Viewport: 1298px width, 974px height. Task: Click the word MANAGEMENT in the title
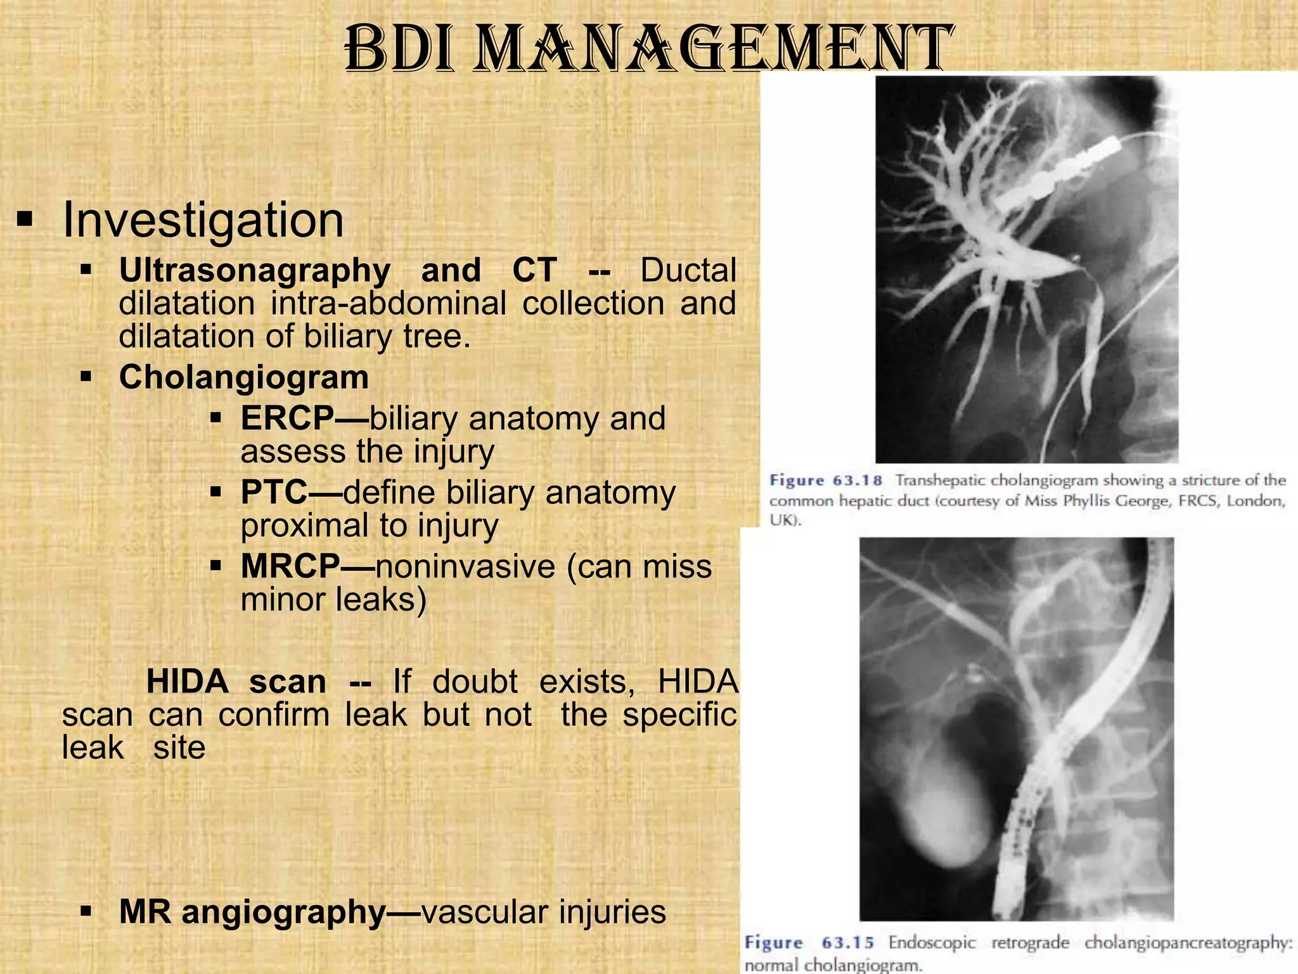tap(713, 49)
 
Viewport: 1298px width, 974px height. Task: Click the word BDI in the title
tap(399, 49)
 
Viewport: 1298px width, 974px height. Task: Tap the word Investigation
tap(203, 220)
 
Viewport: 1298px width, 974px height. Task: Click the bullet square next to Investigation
tap(25, 220)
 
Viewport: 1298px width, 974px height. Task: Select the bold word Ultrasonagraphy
tap(254, 271)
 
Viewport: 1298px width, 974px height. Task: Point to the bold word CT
tap(534, 271)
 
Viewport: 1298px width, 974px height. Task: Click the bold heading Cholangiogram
tap(244, 378)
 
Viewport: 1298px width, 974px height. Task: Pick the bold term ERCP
tap(287, 419)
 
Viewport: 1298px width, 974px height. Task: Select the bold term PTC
tap(274, 493)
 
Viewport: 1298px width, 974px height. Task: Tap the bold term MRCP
tap(290, 566)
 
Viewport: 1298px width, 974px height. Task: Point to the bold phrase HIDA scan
tap(236, 682)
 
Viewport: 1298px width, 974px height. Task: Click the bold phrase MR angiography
tap(252, 912)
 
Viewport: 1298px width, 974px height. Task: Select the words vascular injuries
tap(543, 912)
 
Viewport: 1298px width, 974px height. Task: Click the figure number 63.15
tap(847, 943)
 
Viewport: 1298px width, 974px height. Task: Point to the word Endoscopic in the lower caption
tap(932, 943)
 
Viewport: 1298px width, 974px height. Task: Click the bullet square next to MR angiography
tap(87, 912)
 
